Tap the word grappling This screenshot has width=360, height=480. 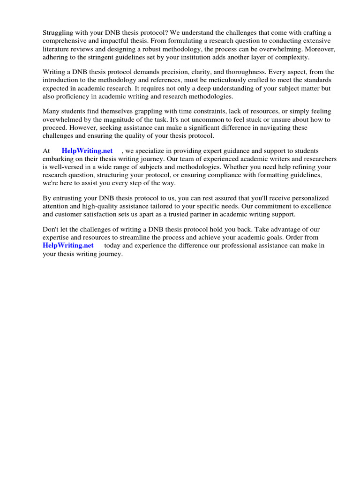point(141,112)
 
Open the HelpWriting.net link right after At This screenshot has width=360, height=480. point(87,151)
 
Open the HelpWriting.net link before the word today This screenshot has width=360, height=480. point(68,246)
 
